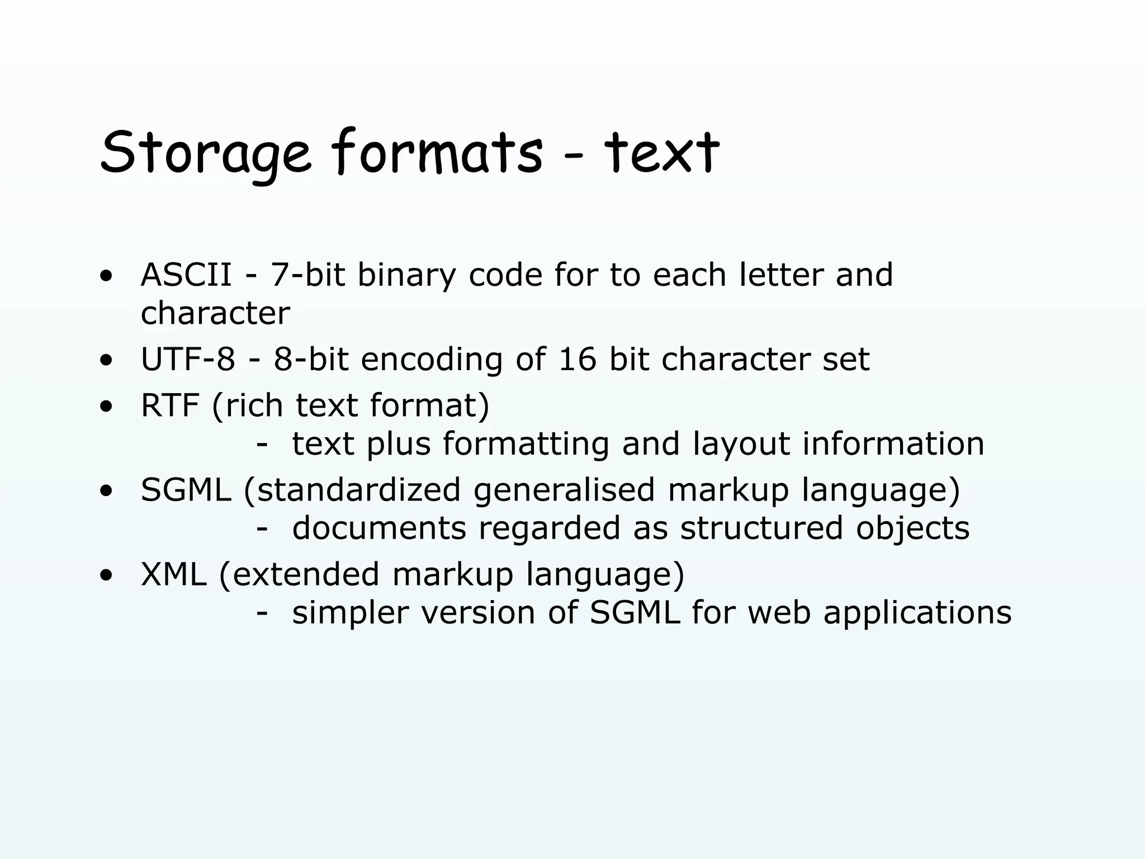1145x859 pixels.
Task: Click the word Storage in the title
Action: click(205, 153)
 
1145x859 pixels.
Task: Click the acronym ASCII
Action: click(186, 275)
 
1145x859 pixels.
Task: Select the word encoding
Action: click(432, 360)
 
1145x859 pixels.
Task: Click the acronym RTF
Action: click(170, 405)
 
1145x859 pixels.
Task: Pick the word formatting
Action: click(526, 445)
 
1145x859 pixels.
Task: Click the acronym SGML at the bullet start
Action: click(186, 490)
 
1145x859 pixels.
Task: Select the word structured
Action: click(761, 528)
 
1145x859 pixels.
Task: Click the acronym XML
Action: click(173, 574)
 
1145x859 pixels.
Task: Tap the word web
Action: click(779, 613)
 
